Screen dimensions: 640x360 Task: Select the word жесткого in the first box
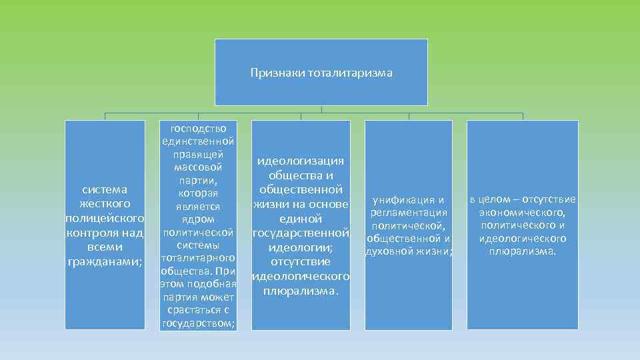click(x=105, y=203)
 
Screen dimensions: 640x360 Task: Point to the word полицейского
click(x=105, y=218)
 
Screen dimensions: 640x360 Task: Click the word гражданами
click(x=104, y=262)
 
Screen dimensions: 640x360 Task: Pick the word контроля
click(x=93, y=233)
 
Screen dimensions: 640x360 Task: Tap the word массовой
click(x=198, y=167)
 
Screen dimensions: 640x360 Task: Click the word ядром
click(x=198, y=219)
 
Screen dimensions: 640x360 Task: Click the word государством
click(x=197, y=323)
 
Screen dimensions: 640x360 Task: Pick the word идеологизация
click(x=301, y=161)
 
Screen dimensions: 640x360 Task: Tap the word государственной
click(x=301, y=233)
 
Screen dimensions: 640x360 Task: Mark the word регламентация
click(x=409, y=213)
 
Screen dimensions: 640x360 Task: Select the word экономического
click(x=522, y=213)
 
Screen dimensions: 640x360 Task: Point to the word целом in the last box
click(x=498, y=199)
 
